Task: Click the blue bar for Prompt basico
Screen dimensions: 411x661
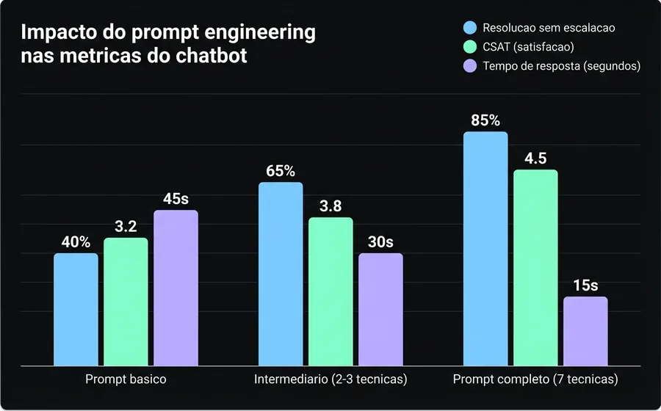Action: pos(76,309)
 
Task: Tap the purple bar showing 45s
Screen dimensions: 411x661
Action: pos(176,288)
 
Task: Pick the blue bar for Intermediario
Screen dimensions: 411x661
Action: pos(281,273)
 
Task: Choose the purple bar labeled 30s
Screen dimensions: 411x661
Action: pos(380,309)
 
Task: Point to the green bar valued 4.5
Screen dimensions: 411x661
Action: pos(535,267)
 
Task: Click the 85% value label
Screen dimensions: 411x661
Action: pos(485,120)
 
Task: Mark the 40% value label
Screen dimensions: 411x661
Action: pos(76,241)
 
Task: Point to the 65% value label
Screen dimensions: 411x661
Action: pos(281,171)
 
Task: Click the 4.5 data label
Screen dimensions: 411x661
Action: pos(535,159)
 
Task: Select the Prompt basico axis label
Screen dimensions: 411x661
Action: pos(126,380)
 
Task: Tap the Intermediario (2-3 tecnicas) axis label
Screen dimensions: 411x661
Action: pos(330,380)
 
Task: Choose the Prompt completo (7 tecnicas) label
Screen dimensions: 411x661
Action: pos(535,380)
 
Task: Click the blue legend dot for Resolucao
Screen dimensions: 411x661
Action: pos(471,28)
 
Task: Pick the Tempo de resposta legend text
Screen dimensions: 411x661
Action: pos(562,66)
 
